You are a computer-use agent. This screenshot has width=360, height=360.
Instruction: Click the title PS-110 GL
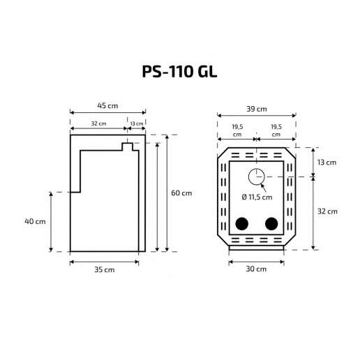click(x=179, y=71)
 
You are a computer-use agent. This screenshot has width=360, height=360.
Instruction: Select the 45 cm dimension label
click(x=107, y=106)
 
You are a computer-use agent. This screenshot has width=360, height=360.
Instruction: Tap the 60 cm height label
click(x=181, y=193)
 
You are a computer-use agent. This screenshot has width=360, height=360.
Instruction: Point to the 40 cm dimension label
click(x=35, y=221)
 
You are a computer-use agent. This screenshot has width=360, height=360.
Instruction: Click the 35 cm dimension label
click(x=105, y=269)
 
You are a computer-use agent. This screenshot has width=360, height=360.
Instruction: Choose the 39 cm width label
click(x=257, y=109)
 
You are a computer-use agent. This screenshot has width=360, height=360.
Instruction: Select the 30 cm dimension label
click(x=256, y=269)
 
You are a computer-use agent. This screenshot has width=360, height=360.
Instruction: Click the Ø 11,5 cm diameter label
click(x=257, y=197)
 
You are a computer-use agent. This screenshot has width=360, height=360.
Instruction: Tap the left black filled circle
click(x=242, y=224)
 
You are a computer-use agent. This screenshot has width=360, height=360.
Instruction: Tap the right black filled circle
click(x=271, y=224)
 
